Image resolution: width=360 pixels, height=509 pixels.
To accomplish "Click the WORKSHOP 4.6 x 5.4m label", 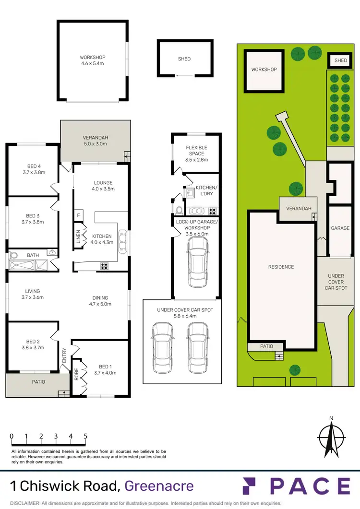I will pos(93,60).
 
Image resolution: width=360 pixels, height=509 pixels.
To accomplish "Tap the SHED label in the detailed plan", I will pos(184,59).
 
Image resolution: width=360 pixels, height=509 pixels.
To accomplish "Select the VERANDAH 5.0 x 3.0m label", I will pos(95,140).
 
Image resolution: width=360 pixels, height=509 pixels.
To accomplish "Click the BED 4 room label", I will pos(33,170).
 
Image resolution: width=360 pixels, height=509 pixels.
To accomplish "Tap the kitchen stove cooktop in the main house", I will pos(104,266).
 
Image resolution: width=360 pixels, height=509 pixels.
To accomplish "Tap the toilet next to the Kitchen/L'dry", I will pos(179,210).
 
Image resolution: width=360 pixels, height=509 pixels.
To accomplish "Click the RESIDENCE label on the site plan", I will pos(281,267).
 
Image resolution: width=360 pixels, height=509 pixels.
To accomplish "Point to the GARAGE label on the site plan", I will pos(340,228).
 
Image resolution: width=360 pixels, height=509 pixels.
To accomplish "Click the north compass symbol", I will pos(331,438).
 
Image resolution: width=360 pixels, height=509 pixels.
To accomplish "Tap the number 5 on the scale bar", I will pos(85,436).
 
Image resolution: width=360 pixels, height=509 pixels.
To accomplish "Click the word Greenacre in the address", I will pos(159,486).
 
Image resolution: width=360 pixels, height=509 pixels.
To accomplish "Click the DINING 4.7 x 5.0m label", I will pos(100,300).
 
